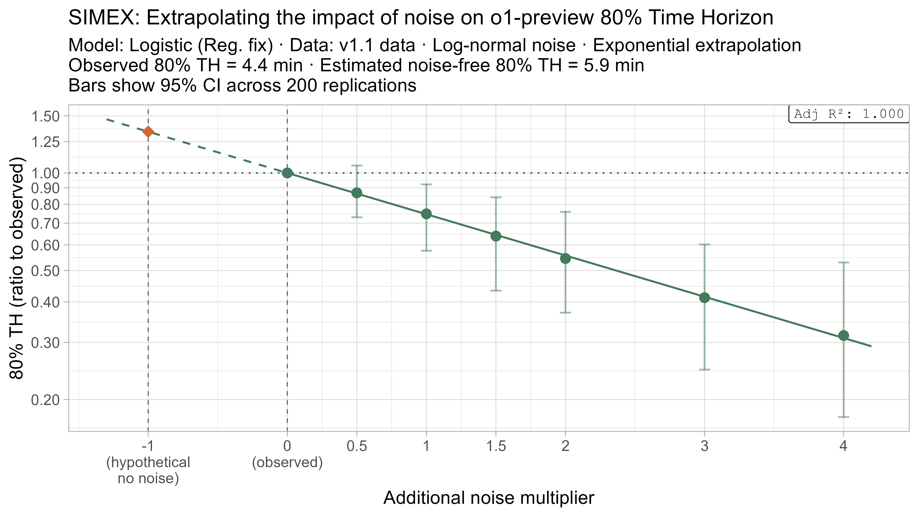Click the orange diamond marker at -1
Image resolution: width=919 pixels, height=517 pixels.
(148, 132)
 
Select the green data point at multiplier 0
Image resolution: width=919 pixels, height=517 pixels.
(287, 173)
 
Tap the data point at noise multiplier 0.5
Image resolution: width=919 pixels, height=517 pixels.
(357, 193)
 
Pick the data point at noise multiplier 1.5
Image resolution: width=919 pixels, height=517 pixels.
(496, 236)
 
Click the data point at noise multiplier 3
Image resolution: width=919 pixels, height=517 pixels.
(704, 298)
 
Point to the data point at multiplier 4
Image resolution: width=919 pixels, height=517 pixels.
(843, 335)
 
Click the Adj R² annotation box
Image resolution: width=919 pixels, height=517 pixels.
(849, 114)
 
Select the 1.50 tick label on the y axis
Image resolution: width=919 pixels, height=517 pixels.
(46, 116)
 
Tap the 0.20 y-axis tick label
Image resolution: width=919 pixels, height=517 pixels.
(46, 400)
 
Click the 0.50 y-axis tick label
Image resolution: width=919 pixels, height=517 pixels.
(46, 271)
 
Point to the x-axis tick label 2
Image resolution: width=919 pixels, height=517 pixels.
(565, 446)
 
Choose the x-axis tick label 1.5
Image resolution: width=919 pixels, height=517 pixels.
(496, 446)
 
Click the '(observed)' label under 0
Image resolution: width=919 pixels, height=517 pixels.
(287, 462)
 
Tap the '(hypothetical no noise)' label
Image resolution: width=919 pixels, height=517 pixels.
(148, 470)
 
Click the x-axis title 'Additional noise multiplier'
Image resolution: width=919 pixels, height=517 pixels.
(489, 498)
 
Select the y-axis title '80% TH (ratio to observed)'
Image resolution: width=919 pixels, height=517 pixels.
(17, 268)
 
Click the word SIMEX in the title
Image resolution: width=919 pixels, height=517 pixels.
(103, 18)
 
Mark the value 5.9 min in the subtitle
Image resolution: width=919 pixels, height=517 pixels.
(614, 66)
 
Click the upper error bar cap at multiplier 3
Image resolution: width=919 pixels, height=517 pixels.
(704, 244)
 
